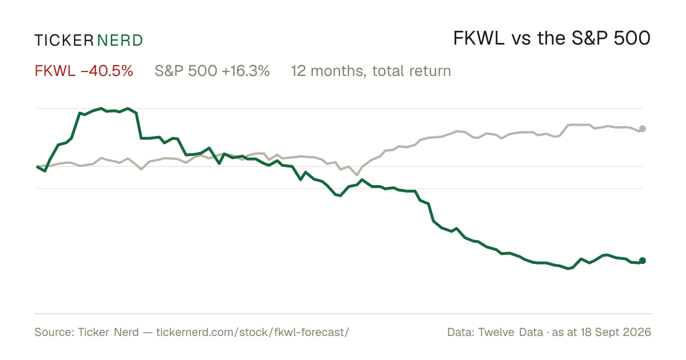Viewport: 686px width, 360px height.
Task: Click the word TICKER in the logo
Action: (x=64, y=41)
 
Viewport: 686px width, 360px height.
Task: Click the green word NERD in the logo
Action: (x=119, y=41)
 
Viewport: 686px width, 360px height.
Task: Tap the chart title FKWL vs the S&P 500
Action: (x=552, y=39)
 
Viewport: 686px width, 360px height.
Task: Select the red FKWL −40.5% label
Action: (x=84, y=71)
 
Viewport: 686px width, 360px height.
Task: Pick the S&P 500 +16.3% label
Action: (x=212, y=71)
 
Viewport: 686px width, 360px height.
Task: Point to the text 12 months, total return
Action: (x=371, y=71)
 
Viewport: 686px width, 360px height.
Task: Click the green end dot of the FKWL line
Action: (x=643, y=261)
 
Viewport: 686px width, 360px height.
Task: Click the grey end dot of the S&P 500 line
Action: (x=643, y=129)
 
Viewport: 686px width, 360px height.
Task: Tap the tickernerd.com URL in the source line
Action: (x=253, y=332)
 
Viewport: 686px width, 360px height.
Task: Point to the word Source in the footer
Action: (x=53, y=332)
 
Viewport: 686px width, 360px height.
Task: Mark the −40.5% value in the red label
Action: (x=107, y=71)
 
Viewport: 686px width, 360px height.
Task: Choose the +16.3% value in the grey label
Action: (x=246, y=71)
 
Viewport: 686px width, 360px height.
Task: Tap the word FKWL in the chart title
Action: (x=478, y=39)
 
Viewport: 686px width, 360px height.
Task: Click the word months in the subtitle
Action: (x=337, y=71)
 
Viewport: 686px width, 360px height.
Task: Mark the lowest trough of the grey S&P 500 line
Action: (x=357, y=175)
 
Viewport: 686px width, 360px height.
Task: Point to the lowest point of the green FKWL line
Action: (x=568, y=269)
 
